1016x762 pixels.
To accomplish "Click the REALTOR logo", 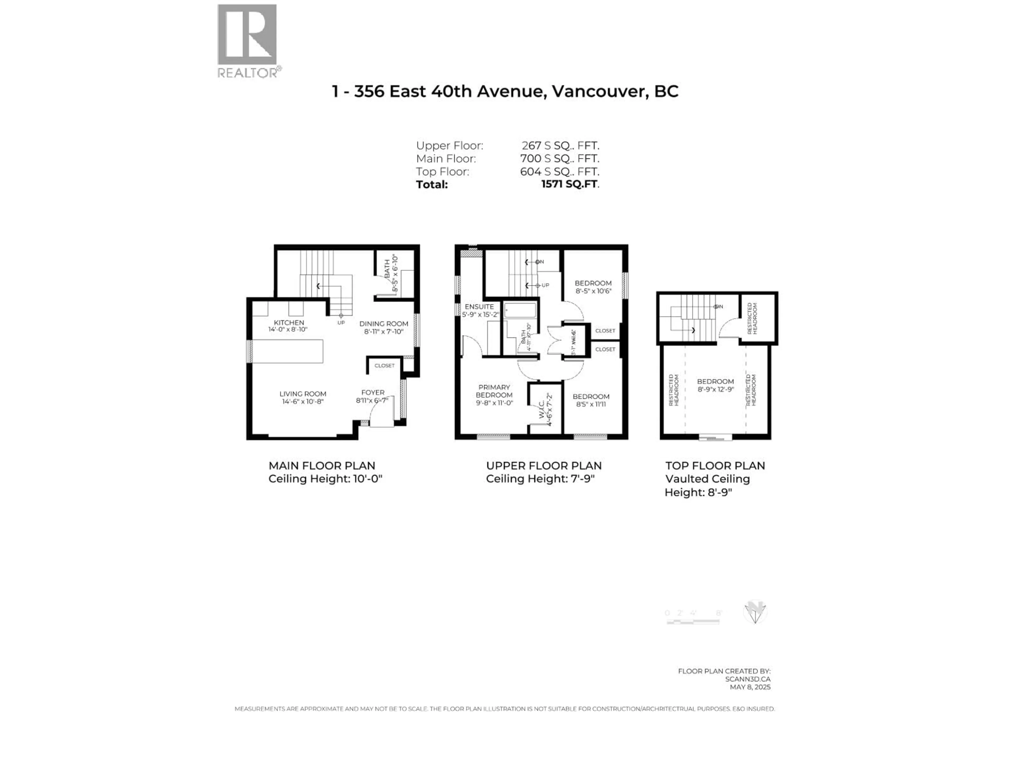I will (x=247, y=40).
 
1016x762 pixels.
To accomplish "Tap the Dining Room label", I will (x=384, y=323).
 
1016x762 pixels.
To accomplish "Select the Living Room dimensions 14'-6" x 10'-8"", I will (x=303, y=401).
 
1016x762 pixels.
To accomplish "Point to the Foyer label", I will (x=373, y=392).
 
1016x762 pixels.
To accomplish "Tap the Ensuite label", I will (x=479, y=306).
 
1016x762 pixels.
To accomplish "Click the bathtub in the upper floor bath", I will (x=520, y=311).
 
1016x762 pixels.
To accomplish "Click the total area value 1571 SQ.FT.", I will (x=570, y=184).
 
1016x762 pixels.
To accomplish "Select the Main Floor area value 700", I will (x=530, y=158).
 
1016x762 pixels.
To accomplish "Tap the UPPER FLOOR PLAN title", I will (x=543, y=465).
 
